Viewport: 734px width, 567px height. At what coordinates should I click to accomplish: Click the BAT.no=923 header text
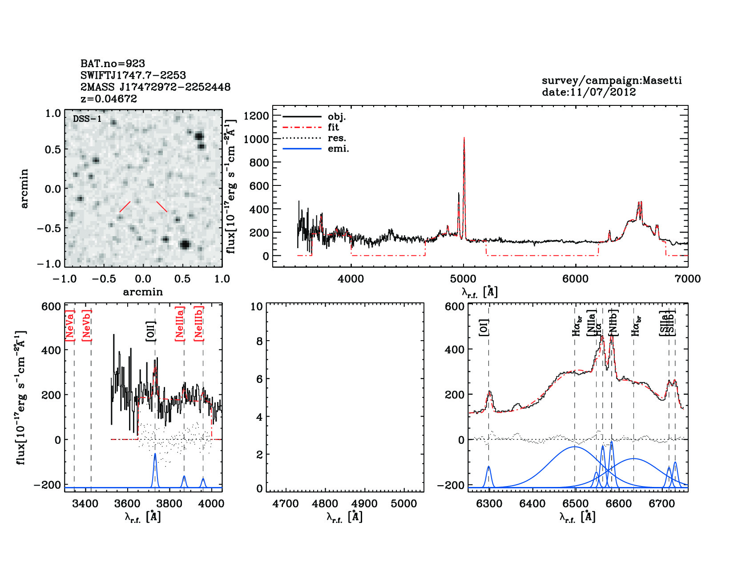coord(113,64)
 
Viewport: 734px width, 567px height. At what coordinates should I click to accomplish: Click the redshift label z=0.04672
coord(109,99)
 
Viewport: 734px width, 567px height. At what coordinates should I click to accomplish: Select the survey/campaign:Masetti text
coord(612,80)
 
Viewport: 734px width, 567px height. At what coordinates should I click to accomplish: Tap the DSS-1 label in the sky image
coord(87,119)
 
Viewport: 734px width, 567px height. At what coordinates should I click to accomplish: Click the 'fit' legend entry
coord(333,128)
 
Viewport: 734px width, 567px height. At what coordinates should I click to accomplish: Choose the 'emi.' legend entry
coord(338,149)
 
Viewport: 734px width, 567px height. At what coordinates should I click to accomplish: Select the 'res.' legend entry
coord(337,138)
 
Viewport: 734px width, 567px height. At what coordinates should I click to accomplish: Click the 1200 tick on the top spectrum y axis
coord(257,116)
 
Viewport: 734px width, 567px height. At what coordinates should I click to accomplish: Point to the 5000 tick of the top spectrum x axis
coord(464,279)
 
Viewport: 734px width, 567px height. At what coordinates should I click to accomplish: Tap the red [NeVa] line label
coord(70,326)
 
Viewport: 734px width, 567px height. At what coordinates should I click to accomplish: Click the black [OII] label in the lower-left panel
coord(151,331)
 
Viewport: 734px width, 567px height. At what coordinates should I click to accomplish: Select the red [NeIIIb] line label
coord(199,324)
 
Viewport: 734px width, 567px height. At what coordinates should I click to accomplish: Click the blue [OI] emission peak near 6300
coord(489,466)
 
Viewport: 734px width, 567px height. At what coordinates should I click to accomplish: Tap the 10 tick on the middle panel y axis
coord(257,306)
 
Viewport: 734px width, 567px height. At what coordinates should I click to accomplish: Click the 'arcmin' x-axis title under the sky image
coord(143,292)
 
